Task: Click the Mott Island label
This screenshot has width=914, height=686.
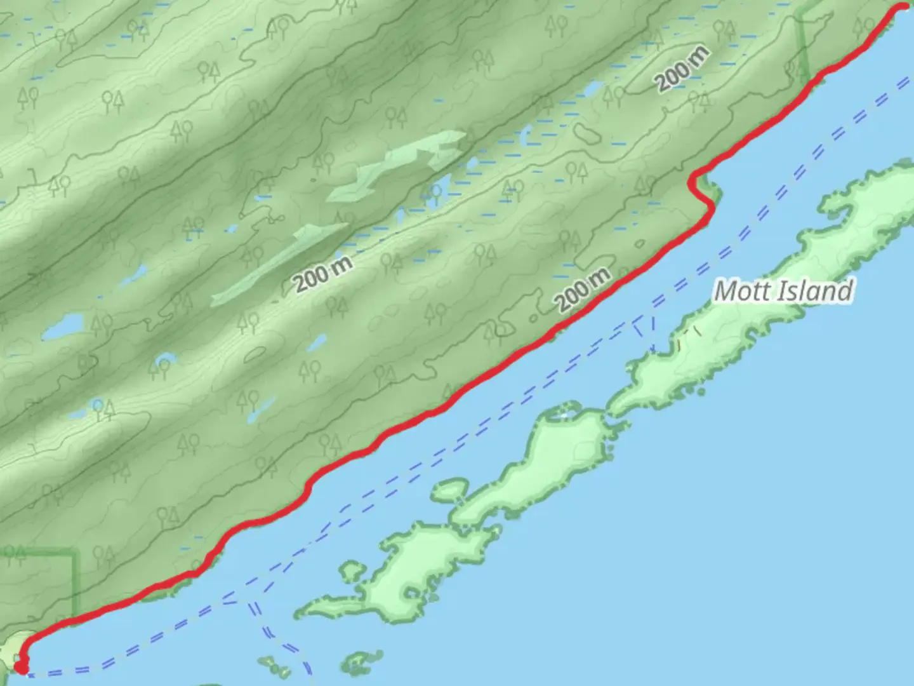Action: [783, 291]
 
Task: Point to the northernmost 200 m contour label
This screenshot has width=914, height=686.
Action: [682, 69]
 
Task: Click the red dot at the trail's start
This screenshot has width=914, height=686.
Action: [22, 667]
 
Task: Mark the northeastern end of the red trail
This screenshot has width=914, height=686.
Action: [905, 6]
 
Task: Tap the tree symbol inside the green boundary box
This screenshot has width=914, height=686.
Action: [15, 556]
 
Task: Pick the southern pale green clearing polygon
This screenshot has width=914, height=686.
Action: [279, 260]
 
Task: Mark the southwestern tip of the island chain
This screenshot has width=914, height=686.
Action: [298, 612]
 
